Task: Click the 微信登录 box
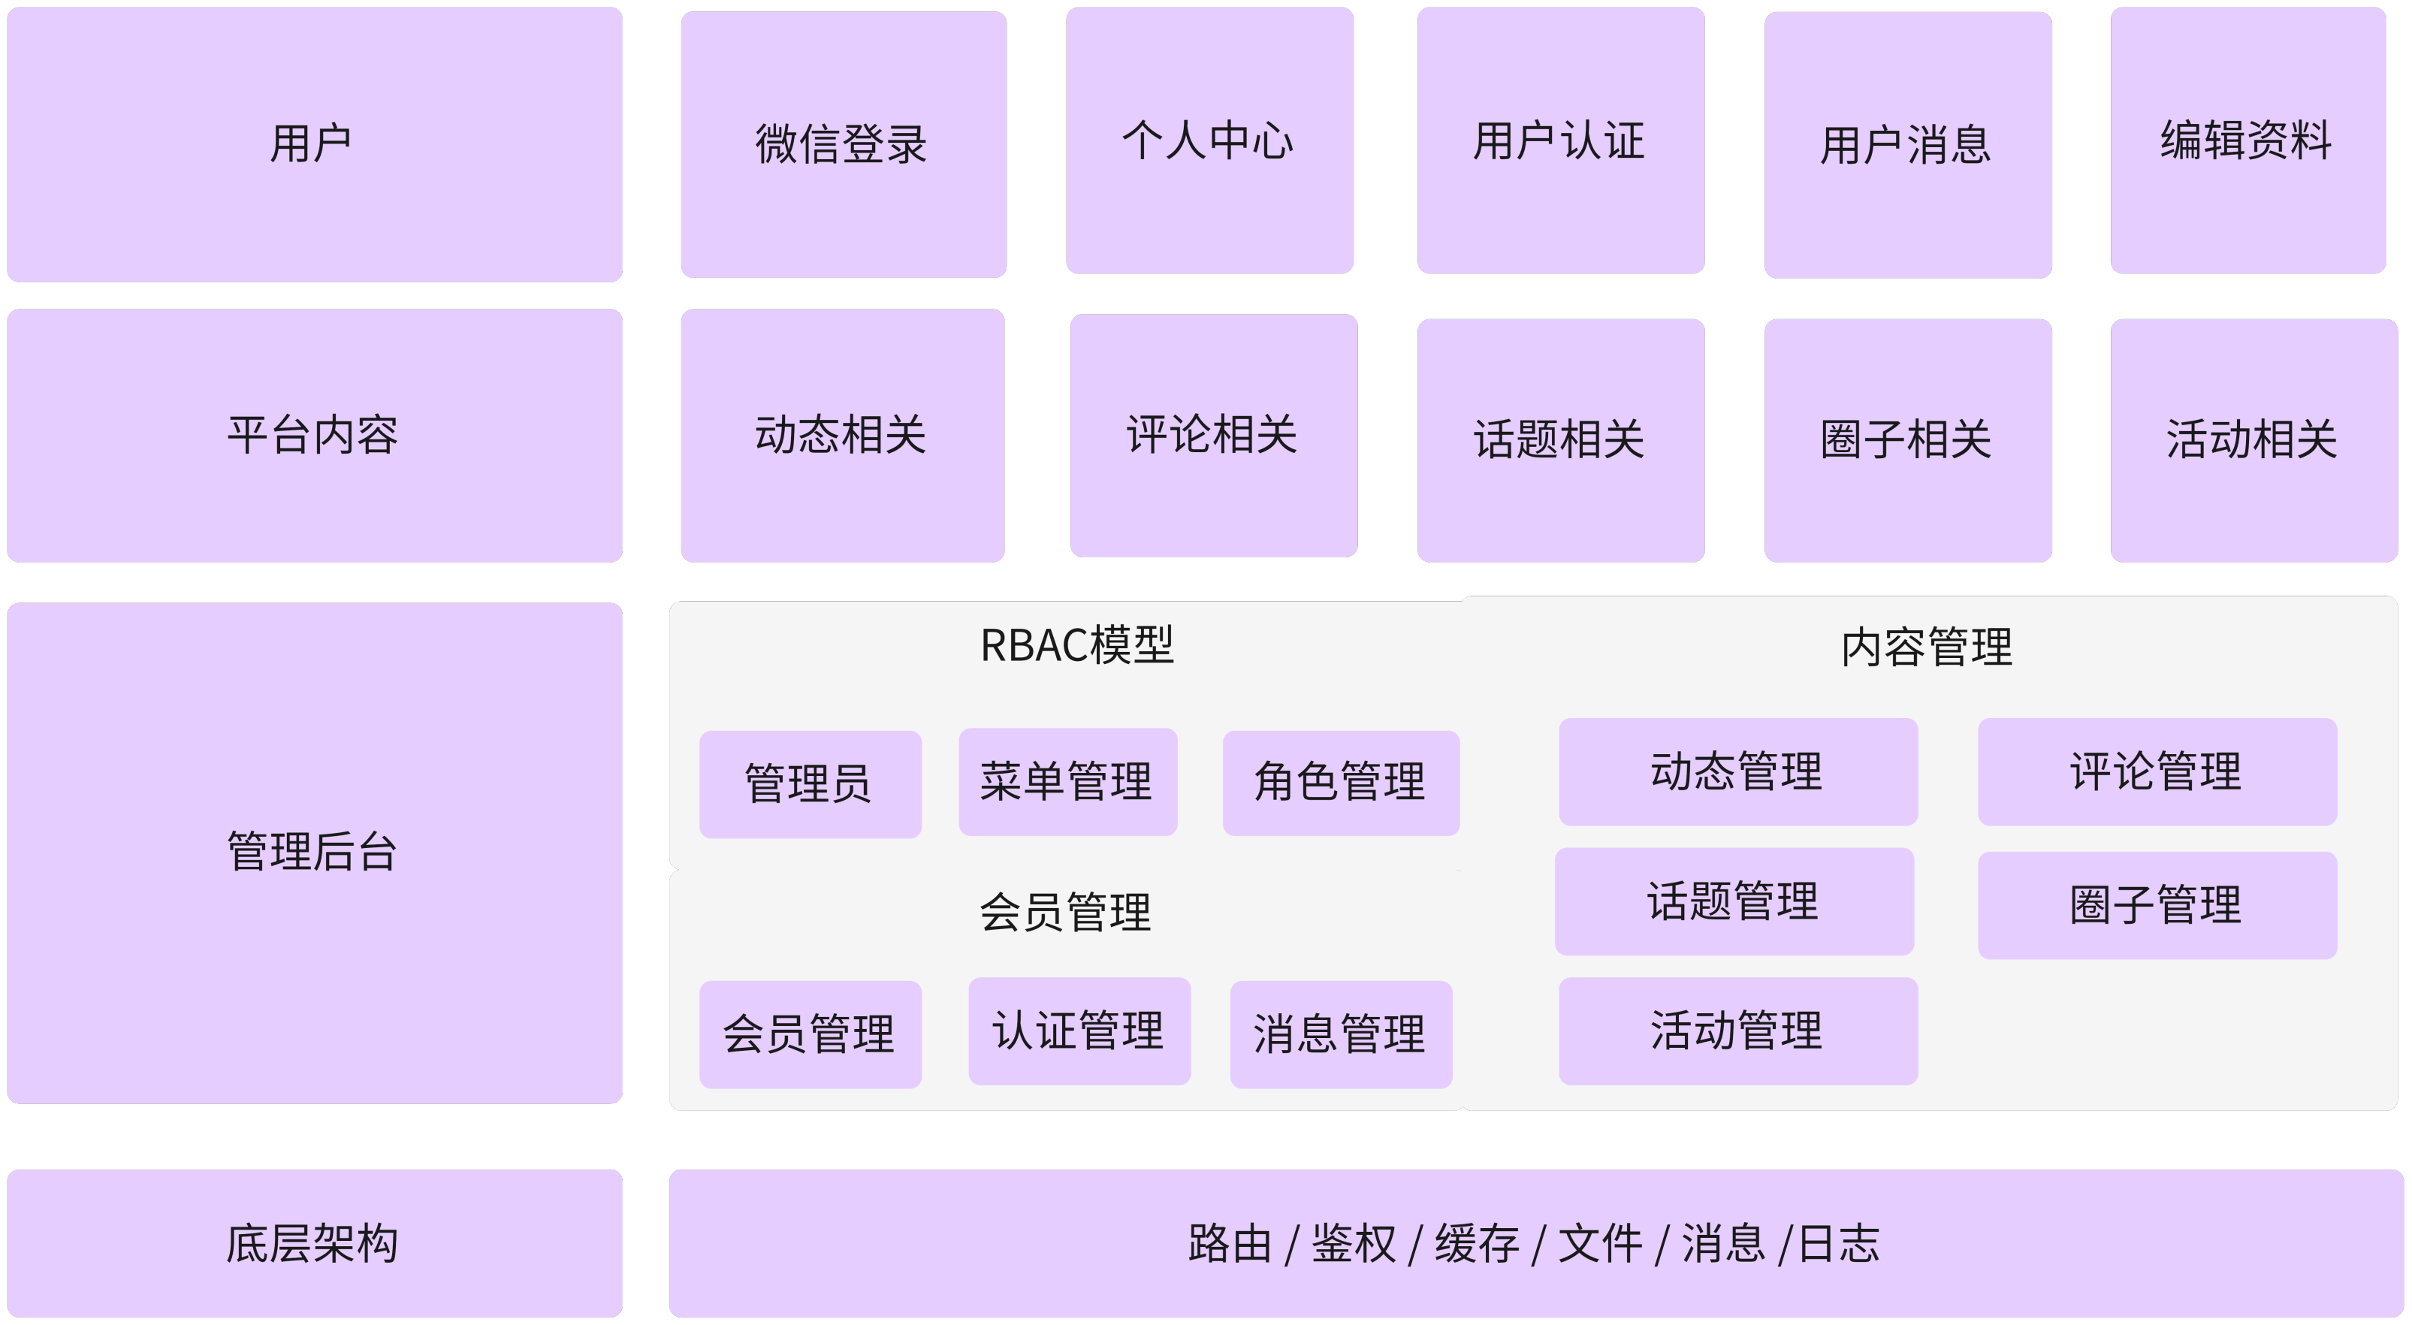coord(843,144)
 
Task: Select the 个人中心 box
coord(1209,140)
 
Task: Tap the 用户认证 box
coord(1560,140)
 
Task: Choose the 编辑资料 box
coord(2247,140)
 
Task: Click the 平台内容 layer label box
coord(314,436)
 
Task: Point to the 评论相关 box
coord(1212,436)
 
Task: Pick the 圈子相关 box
coord(1907,440)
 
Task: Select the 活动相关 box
coord(2253,440)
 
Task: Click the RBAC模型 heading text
coord(1076,645)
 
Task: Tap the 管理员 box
coord(809,783)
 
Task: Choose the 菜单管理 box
coord(1067,782)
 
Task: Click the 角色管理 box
coord(1340,783)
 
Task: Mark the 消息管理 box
coord(1340,1034)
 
